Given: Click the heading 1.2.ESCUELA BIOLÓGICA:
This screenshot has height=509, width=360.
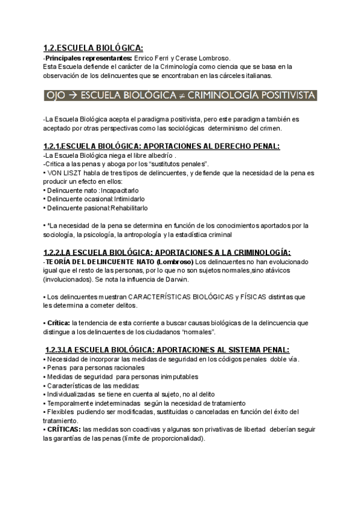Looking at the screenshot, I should pyautogui.click(x=93, y=49).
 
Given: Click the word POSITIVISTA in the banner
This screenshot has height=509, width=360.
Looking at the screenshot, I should pyautogui.click(x=286, y=95).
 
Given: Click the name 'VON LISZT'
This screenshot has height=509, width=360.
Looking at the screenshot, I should pyautogui.click(x=62, y=173).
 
